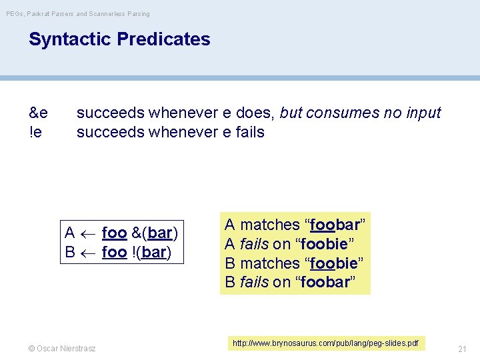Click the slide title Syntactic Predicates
(119, 39)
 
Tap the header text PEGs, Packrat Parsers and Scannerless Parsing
(78, 13)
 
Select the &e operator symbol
(38, 113)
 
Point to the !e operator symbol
(36, 132)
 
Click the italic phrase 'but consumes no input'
(361, 113)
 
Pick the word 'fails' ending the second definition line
(250, 132)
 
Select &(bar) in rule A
(155, 233)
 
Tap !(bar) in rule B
(151, 253)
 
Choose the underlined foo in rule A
(114, 233)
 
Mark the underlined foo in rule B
(114, 253)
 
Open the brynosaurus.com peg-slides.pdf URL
(325, 343)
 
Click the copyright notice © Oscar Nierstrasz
(62, 348)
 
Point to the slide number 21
(462, 349)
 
